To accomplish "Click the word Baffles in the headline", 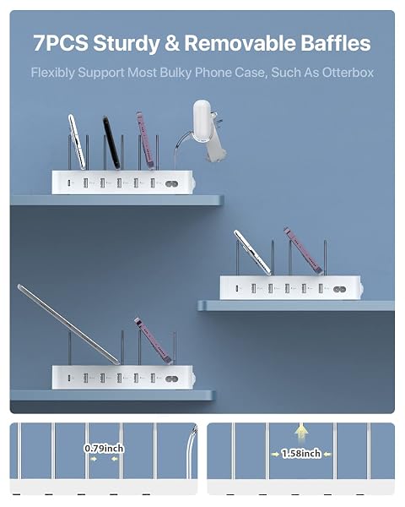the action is pyautogui.click(x=336, y=43).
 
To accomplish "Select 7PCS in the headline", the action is pyautogui.click(x=61, y=43).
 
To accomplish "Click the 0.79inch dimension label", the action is pyautogui.click(x=104, y=449).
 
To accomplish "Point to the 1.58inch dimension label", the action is pyautogui.click(x=301, y=453).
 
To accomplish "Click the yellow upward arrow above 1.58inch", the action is pyautogui.click(x=301, y=432).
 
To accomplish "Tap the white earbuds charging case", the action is pyautogui.click(x=202, y=121).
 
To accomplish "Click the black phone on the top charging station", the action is pyautogui.click(x=111, y=143).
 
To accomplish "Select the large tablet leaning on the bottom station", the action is pyautogui.click(x=68, y=324).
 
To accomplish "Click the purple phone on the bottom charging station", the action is pyautogui.click(x=153, y=341).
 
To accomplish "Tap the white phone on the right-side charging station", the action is pyautogui.click(x=252, y=253).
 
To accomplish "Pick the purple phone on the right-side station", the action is pyautogui.click(x=303, y=251).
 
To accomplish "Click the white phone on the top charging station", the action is pyautogui.click(x=77, y=142).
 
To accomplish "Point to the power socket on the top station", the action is pyautogui.click(x=171, y=183).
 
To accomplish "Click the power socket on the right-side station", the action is pyautogui.click(x=339, y=289).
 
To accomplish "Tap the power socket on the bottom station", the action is pyautogui.click(x=171, y=379).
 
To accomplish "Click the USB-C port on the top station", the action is pyautogui.click(x=69, y=183).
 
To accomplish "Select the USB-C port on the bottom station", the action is pyautogui.click(x=69, y=378).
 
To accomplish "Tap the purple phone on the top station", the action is pyautogui.click(x=146, y=140).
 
